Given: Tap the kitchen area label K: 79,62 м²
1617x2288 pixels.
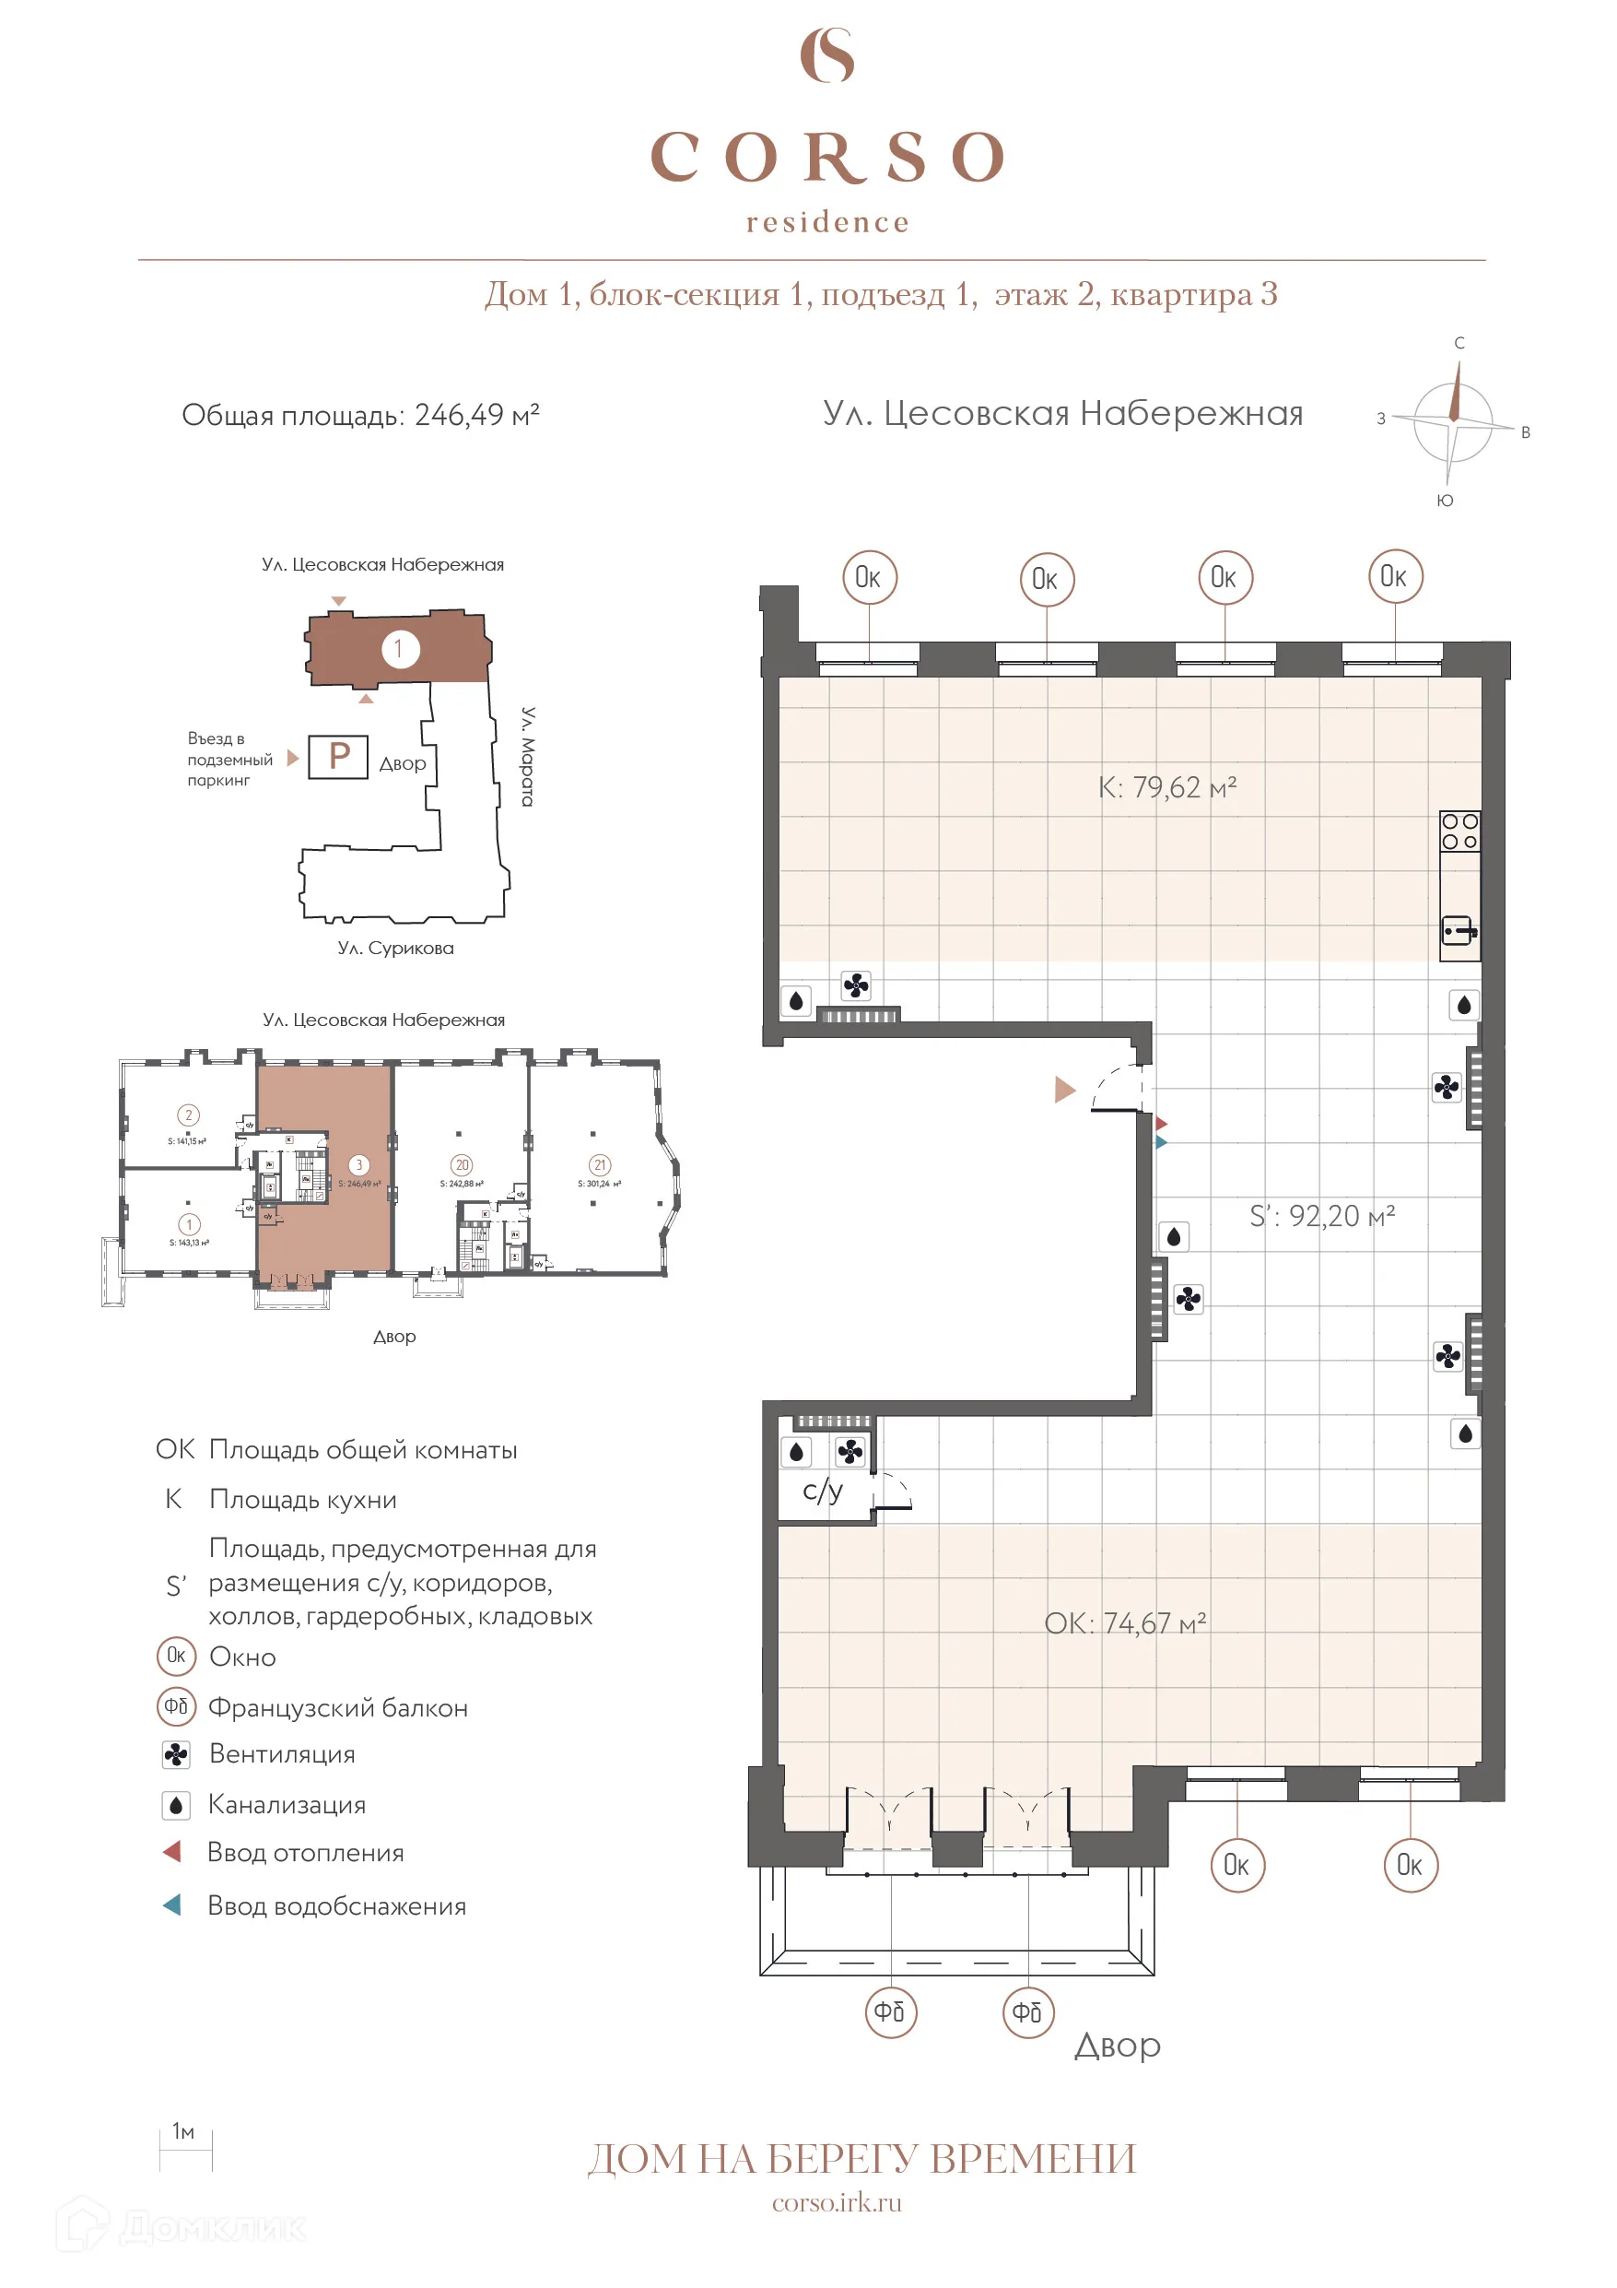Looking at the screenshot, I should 1166,787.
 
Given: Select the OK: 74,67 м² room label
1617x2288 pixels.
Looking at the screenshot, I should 1125,1623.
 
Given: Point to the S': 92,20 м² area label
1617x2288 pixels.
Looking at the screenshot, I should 1322,1216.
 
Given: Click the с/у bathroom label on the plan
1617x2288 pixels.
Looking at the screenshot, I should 823,1491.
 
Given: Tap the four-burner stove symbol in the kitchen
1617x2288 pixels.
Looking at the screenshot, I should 1459,831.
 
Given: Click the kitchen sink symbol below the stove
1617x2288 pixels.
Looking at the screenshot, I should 1459,932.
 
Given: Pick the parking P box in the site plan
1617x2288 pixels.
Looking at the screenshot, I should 338,756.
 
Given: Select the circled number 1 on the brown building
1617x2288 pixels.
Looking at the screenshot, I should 400,649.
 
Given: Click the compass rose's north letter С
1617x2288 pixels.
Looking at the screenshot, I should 1459,343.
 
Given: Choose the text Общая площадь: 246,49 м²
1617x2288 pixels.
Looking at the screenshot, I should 359,415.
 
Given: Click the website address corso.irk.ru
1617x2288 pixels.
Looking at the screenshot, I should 836,2202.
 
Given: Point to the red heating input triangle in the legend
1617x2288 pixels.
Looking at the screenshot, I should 172,1852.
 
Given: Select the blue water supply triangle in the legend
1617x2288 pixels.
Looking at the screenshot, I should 172,1905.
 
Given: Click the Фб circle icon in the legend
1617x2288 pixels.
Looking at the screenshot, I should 176,1706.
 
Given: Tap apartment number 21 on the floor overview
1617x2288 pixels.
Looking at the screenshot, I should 599,1165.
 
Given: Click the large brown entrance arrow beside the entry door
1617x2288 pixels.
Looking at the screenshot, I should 1064,1090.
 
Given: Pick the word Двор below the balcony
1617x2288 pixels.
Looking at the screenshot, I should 1117,2046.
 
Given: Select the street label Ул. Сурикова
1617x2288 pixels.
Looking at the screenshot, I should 395,948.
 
